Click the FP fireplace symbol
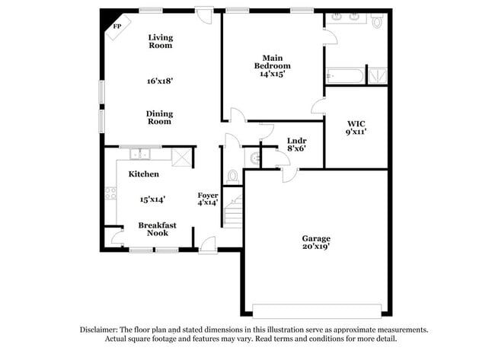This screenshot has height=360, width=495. point(117,27)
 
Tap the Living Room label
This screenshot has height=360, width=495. point(160,41)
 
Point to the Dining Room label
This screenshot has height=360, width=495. point(160,117)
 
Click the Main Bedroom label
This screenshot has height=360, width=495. point(273,62)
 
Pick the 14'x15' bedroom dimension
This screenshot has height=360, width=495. point(273,75)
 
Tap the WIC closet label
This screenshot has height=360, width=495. point(356,123)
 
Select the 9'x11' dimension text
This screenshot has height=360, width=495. point(356,132)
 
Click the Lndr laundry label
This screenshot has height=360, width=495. point(297,141)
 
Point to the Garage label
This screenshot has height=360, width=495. point(316,238)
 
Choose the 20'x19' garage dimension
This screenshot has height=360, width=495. point(316,248)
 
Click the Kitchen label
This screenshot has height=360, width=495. point(143,174)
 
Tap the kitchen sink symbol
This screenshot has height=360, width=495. point(139,155)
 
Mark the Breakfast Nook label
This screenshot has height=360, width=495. point(158,228)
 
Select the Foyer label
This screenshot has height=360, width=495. point(208,195)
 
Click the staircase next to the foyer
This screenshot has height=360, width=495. point(233,211)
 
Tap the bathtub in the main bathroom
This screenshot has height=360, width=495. point(345,76)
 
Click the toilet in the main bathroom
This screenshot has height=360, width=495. point(376,22)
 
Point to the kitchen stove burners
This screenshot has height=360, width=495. point(110,193)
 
